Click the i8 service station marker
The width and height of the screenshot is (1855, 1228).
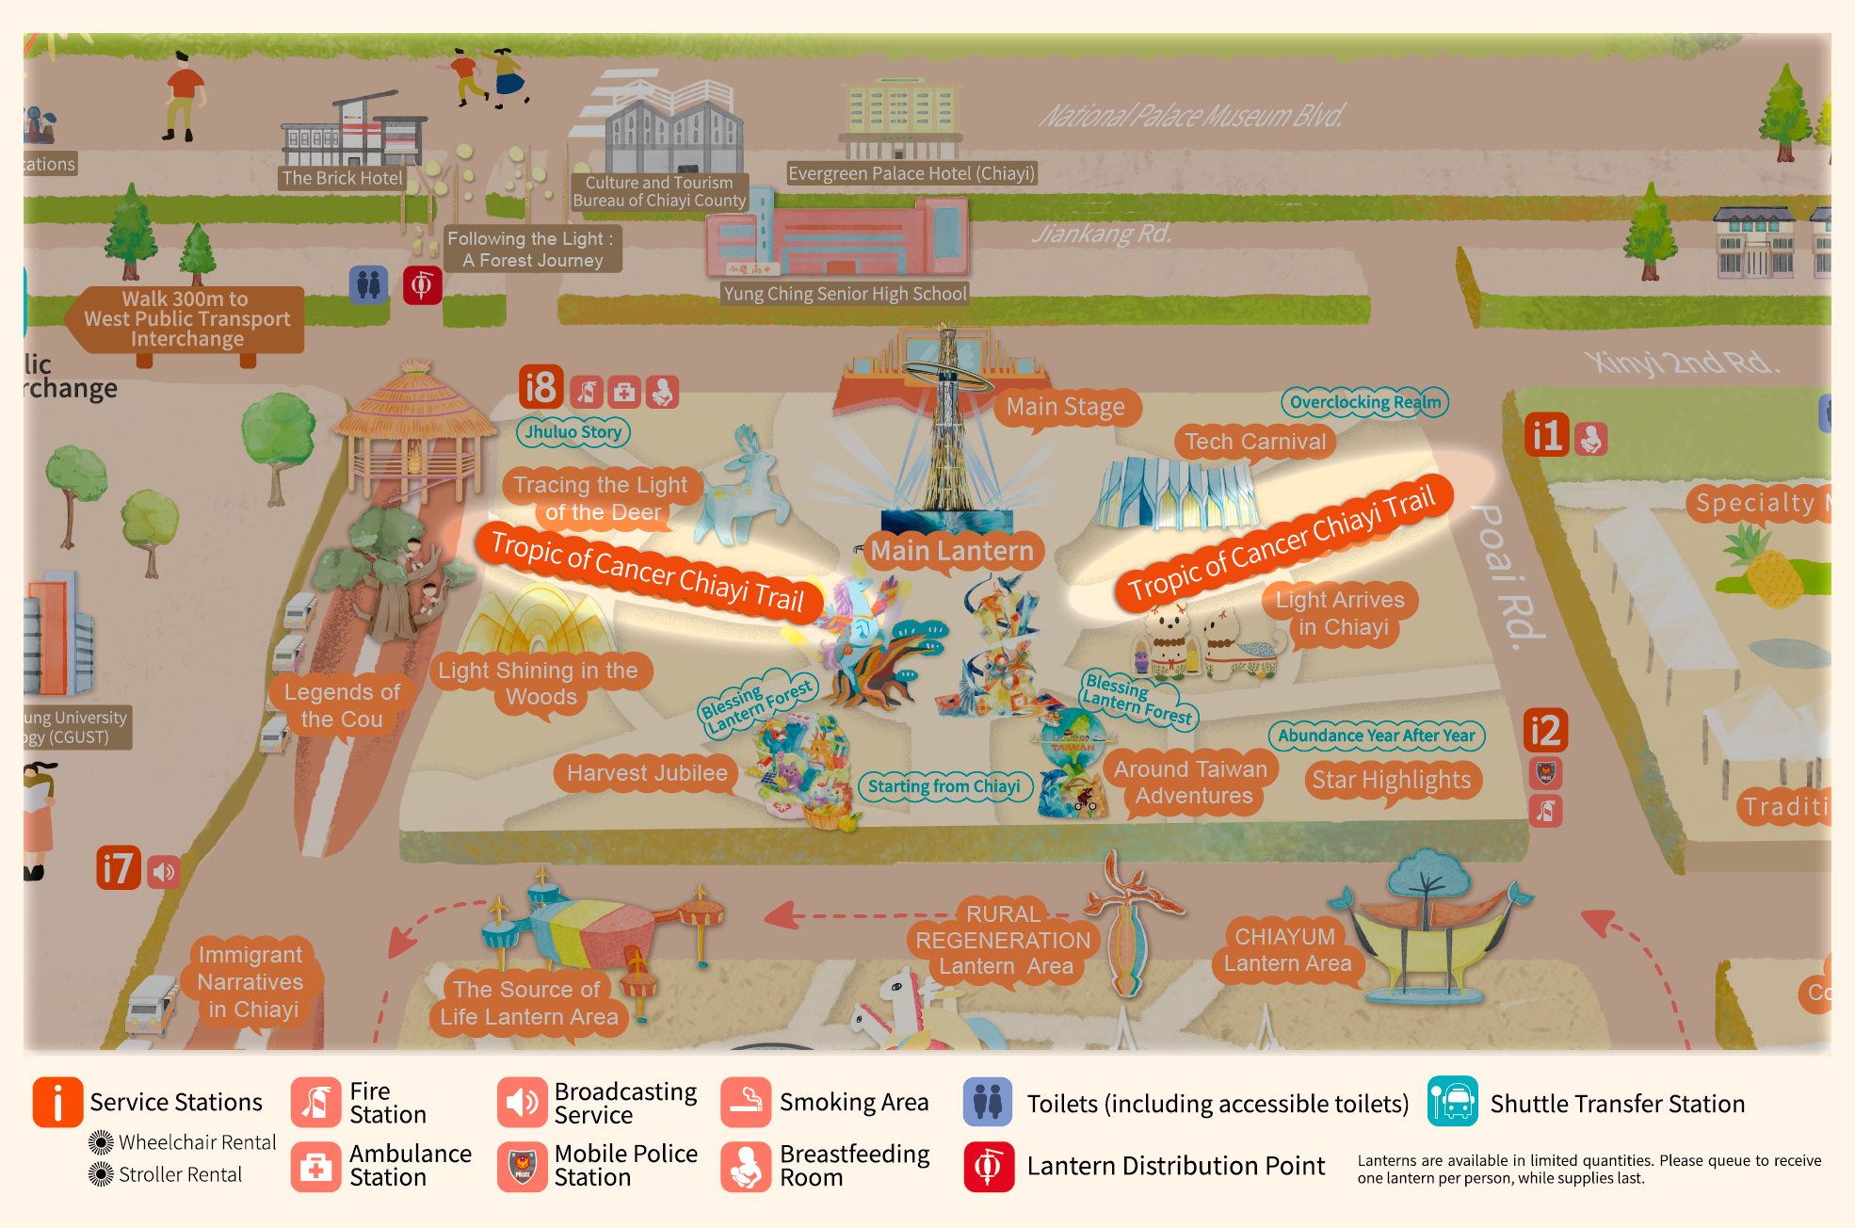click(540, 387)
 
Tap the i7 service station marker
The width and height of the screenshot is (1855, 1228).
click(119, 868)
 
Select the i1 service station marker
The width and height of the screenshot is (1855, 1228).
click(1546, 435)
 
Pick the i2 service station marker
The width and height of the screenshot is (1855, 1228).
click(1545, 730)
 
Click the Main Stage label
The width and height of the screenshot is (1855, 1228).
click(1065, 407)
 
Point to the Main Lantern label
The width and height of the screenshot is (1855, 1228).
click(952, 551)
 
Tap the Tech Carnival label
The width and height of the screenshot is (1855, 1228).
click(1254, 442)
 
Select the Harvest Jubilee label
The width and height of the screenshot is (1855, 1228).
click(647, 773)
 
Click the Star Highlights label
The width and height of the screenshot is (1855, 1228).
click(1391, 780)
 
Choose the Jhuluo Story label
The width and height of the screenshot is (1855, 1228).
click(573, 432)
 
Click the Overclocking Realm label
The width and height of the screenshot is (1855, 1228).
click(1364, 402)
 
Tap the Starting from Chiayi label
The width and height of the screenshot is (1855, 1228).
click(944, 786)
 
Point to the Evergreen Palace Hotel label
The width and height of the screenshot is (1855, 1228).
click(911, 173)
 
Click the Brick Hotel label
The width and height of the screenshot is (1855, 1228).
click(342, 178)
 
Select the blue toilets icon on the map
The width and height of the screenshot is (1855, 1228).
click(368, 283)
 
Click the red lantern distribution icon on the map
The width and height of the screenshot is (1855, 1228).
click(422, 284)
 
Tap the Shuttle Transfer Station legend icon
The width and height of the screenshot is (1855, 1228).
click(1452, 1102)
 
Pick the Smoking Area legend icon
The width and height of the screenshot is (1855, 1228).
click(746, 1102)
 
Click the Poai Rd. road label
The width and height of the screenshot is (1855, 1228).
click(1507, 576)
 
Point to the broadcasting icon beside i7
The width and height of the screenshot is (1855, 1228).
click(164, 872)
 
